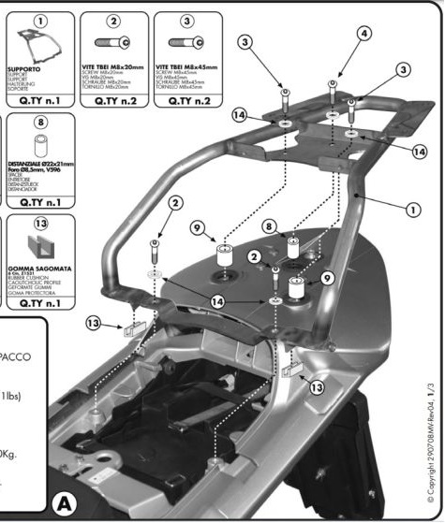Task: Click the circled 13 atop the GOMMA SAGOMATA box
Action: pos(40,225)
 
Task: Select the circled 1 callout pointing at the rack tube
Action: pos(410,210)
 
